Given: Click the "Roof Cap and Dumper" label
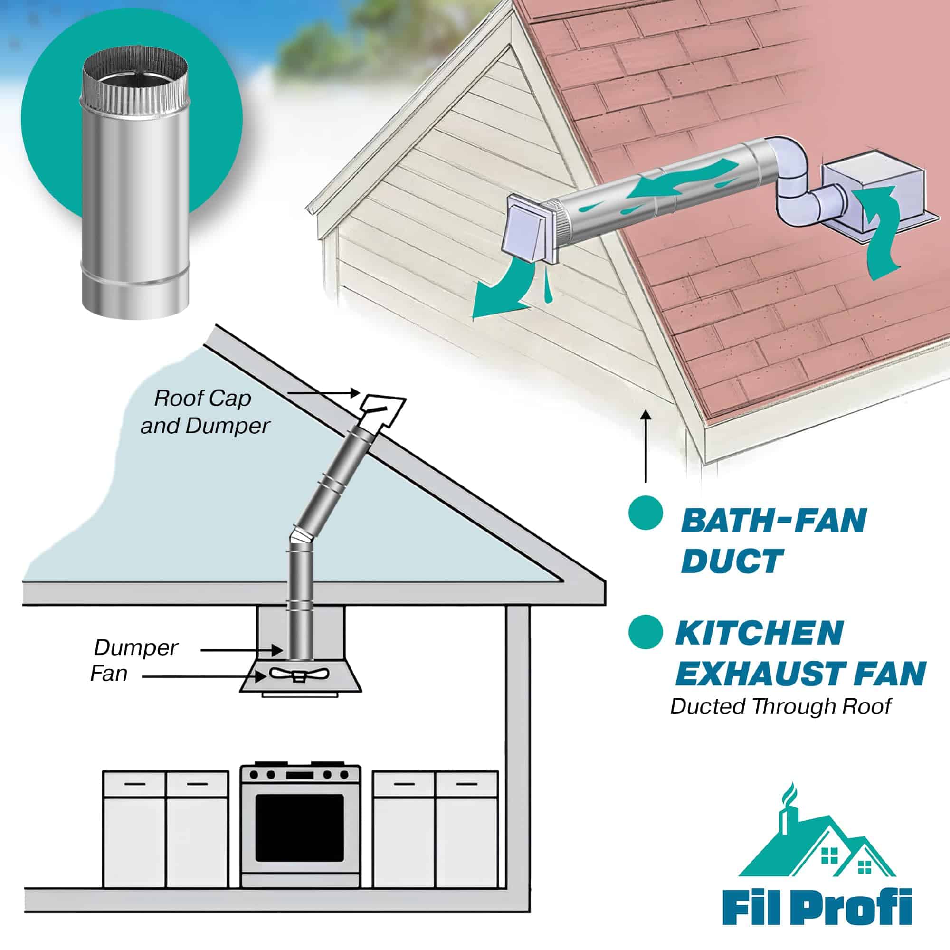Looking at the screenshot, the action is (x=205, y=412).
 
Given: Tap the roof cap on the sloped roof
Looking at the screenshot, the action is (x=382, y=410).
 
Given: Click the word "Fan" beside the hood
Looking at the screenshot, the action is (x=109, y=673).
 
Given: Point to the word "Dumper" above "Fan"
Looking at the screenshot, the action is (x=136, y=647).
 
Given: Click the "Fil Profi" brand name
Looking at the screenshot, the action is (x=817, y=906).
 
